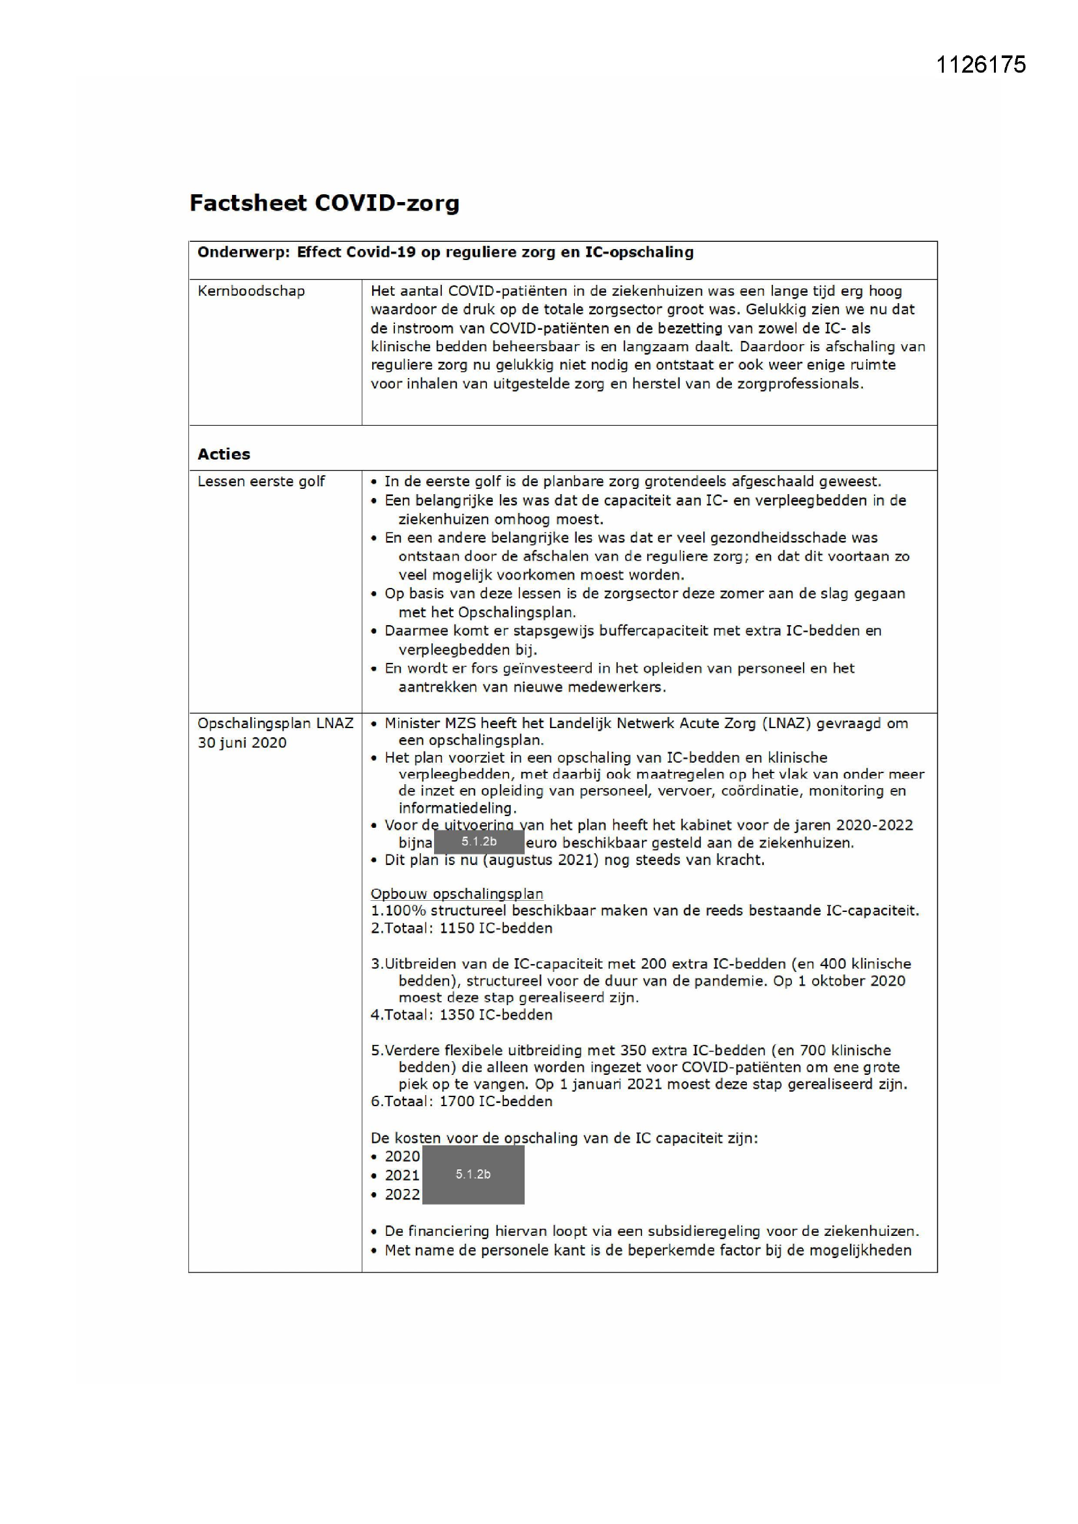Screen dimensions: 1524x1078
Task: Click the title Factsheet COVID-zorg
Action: [x=324, y=203]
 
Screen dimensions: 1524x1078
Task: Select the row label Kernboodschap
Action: [x=251, y=291]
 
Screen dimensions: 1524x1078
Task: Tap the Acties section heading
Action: [x=224, y=455]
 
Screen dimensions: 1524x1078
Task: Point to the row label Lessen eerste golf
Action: [x=261, y=482]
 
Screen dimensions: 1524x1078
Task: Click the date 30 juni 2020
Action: [x=242, y=742]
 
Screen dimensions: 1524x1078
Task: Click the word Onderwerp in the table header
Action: [x=243, y=253]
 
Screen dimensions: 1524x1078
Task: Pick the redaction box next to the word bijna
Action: [x=478, y=842]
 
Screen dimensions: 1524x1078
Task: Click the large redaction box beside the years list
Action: [x=473, y=1174]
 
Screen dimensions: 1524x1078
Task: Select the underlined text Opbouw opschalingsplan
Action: [x=457, y=894]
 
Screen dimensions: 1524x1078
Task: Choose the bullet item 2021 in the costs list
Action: [x=401, y=1175]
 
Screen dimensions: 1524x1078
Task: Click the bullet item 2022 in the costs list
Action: [x=401, y=1195]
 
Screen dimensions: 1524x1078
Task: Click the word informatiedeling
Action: [x=457, y=808]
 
